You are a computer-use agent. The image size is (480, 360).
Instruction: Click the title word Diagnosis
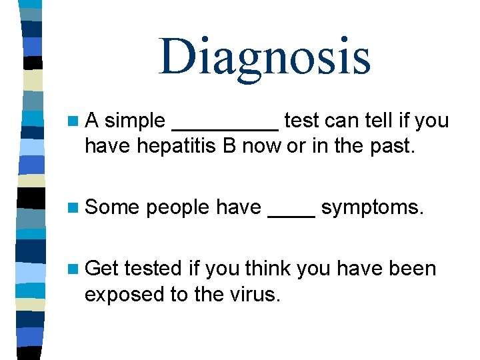[x=265, y=57]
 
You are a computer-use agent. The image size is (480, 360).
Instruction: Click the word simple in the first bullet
[x=135, y=121]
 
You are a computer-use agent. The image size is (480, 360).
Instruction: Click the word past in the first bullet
[x=397, y=146]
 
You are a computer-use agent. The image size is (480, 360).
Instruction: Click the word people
[x=178, y=209]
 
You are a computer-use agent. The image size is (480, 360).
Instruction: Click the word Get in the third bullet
[x=102, y=269]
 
